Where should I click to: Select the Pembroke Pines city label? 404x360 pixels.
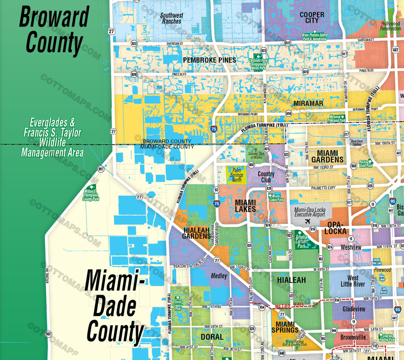tap(209, 61)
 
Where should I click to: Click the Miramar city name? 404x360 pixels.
tap(308, 104)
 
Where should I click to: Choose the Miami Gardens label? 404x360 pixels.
tap(328, 155)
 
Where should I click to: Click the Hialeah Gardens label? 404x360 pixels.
tap(196, 233)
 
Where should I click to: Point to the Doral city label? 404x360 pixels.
tap(212, 337)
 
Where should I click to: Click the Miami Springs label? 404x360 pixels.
tap(285, 327)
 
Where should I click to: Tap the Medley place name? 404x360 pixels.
tap(219, 276)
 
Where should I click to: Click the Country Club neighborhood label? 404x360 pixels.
tap(266, 177)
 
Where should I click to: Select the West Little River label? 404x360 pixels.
tap(353, 281)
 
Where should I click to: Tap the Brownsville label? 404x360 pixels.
tap(353, 337)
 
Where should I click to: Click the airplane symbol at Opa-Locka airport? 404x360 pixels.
tap(306, 222)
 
